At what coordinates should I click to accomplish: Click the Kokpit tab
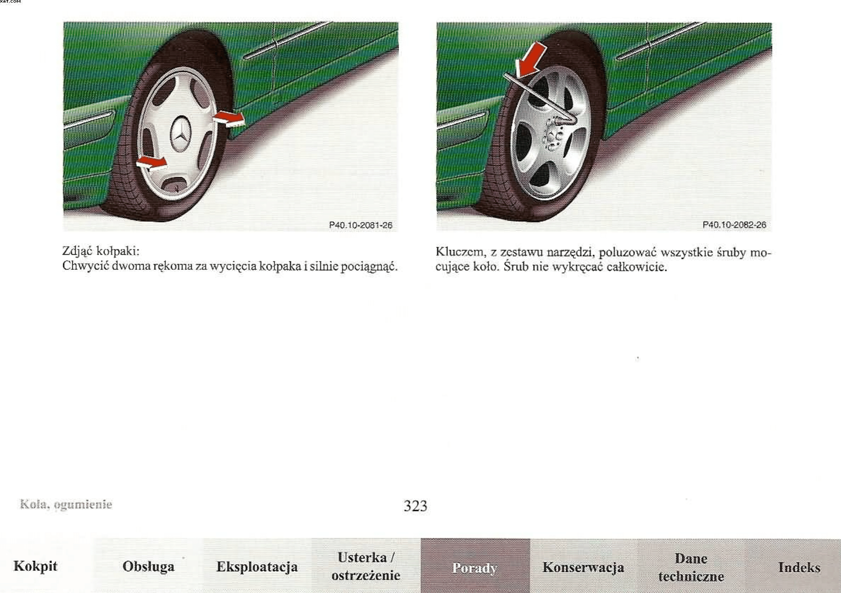[x=35, y=566]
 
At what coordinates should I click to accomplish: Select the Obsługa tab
[x=148, y=566]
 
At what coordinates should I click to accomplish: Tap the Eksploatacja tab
[x=257, y=566]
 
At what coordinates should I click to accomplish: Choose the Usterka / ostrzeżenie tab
[x=366, y=566]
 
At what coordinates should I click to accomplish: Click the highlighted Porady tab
[x=475, y=566]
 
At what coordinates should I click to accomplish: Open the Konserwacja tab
[x=584, y=566]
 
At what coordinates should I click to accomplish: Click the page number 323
[x=416, y=506]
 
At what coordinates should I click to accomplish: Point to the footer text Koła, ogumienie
[x=66, y=504]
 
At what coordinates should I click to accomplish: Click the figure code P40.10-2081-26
[x=361, y=225]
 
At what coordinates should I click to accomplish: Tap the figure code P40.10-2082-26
[x=734, y=225]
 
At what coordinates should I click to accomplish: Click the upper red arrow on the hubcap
[x=229, y=119]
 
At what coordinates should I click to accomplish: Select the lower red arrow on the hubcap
[x=152, y=163]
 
